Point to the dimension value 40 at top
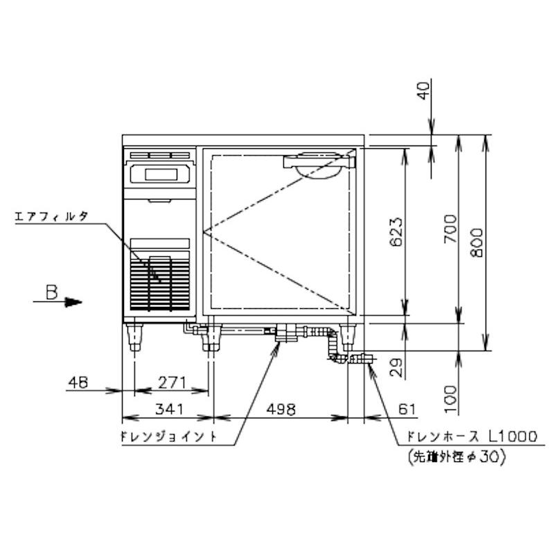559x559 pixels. pyautogui.click(x=425, y=90)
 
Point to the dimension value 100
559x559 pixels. pyautogui.click(x=449, y=394)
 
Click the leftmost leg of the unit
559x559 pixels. pyautogui.click(x=134, y=337)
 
